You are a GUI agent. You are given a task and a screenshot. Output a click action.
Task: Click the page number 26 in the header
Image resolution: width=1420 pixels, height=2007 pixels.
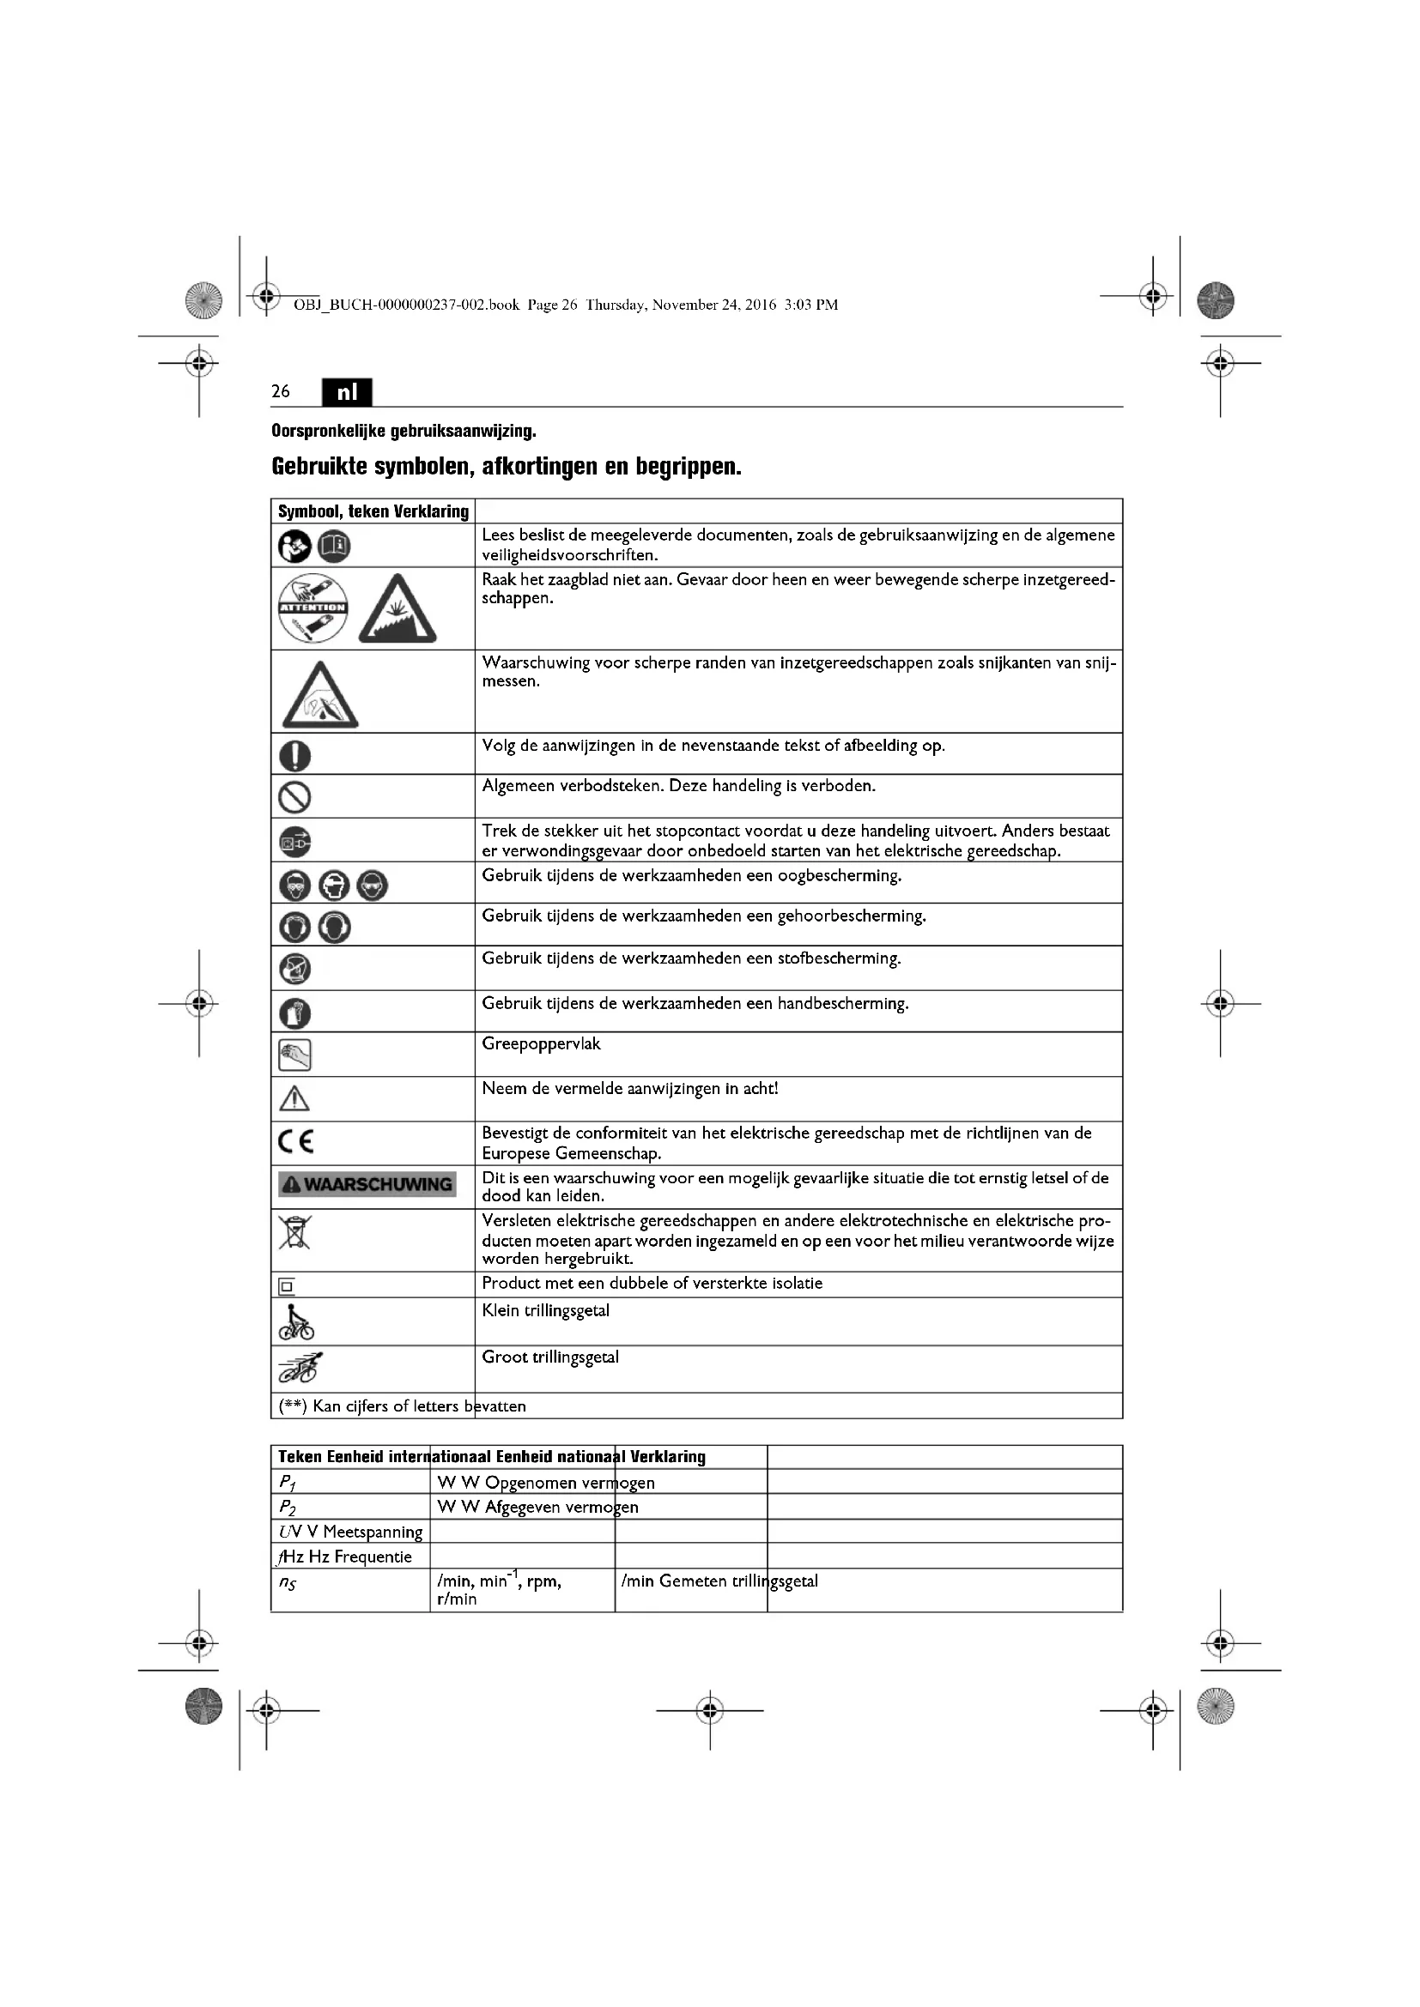(x=281, y=391)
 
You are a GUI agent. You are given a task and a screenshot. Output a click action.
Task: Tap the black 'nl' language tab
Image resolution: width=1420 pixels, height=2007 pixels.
(x=347, y=392)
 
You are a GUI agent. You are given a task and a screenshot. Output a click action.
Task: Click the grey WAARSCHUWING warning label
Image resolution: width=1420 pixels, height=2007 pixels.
(x=367, y=1184)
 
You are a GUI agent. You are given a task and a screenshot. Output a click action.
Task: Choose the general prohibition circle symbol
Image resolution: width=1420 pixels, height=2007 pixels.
(x=295, y=796)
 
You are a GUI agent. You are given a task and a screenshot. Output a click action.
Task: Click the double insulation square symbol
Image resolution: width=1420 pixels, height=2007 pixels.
(x=287, y=1287)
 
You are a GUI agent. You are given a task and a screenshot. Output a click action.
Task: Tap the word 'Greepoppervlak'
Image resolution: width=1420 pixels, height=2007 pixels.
(x=541, y=1043)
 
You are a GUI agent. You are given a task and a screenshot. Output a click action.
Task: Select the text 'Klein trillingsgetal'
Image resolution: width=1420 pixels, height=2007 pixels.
(x=546, y=1310)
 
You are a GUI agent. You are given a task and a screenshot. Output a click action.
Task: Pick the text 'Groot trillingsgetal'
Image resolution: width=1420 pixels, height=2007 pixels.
(x=550, y=1357)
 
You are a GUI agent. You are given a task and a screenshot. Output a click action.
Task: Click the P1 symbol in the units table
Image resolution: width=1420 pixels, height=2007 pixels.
(x=288, y=1483)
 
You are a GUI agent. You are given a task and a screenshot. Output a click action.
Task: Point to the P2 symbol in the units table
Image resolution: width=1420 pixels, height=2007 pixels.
(x=288, y=1507)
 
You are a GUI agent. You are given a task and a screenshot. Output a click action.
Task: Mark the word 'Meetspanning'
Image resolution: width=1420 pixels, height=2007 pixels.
(x=373, y=1532)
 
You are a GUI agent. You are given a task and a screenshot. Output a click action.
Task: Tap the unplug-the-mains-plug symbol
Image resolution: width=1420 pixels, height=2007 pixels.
(x=295, y=841)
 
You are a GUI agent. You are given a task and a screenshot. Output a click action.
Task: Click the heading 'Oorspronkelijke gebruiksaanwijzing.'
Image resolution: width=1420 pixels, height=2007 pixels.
(x=404, y=431)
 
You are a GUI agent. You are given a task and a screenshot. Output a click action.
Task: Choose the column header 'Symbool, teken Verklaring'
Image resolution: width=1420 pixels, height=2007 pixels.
(x=373, y=511)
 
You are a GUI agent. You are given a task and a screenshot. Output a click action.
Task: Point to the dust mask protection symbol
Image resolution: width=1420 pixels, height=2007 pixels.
(x=295, y=969)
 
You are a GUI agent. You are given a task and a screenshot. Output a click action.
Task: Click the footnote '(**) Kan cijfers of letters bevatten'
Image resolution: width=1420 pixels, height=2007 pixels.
(x=402, y=1406)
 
